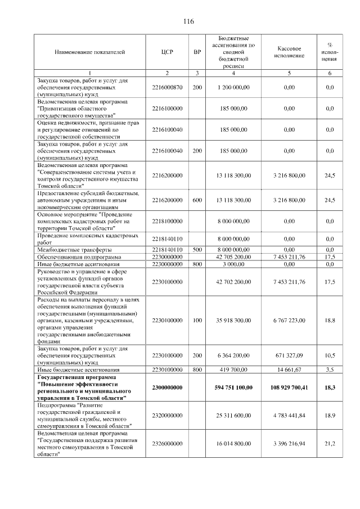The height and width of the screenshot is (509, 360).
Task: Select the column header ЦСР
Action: [167, 52]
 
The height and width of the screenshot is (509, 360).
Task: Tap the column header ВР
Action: [197, 52]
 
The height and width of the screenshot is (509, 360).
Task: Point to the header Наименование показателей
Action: [88, 52]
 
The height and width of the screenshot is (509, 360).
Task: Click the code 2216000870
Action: [167, 88]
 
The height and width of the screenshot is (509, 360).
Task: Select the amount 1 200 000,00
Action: [233, 88]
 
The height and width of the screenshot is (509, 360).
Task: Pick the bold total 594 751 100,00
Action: [233, 388]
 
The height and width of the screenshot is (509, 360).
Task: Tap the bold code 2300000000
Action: [167, 388]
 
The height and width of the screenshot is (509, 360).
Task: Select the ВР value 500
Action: [197, 249]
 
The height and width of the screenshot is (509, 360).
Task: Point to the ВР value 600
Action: [197, 200]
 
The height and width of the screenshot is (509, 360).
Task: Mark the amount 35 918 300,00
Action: [233, 320]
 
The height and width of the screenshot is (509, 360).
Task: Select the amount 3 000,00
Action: [233, 263]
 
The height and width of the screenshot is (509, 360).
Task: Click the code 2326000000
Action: [167, 444]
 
